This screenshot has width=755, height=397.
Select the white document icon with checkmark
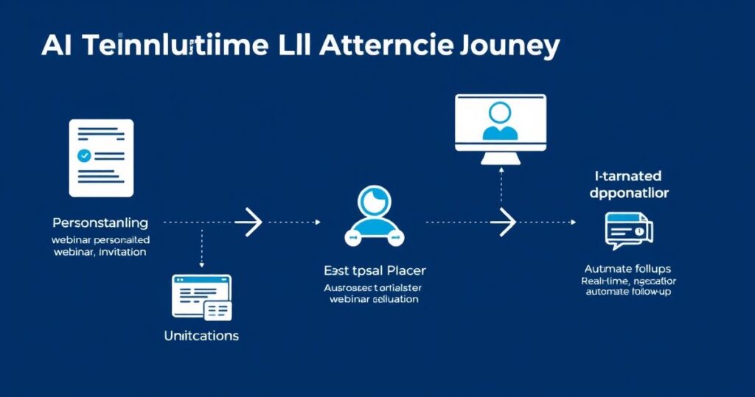[x=101, y=158]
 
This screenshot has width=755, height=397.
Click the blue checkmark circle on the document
[x=84, y=155]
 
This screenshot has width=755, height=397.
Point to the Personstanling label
[x=100, y=222]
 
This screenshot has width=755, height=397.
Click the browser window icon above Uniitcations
[x=201, y=298]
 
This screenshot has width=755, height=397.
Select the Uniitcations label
[x=201, y=335]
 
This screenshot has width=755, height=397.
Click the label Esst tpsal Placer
[x=375, y=270]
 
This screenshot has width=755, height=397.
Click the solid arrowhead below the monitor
[x=507, y=220]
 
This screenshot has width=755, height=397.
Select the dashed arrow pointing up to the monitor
[x=501, y=188]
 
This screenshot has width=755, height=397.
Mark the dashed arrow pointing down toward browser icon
[x=201, y=249]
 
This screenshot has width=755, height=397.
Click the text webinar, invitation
[x=100, y=252]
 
